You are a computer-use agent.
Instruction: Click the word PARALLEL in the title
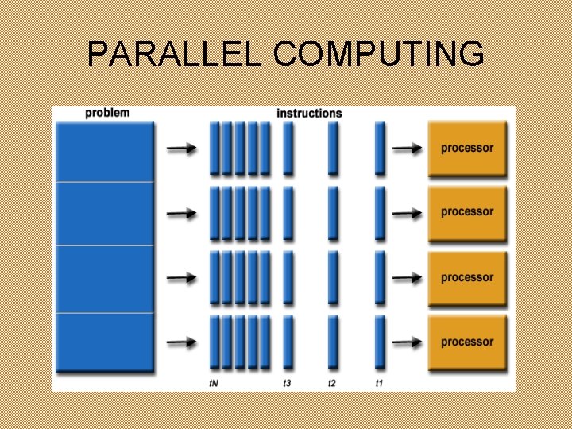point(175,54)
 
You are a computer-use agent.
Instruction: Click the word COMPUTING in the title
point(378,54)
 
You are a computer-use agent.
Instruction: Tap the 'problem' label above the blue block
point(107,113)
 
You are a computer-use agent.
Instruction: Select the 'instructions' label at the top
point(309,113)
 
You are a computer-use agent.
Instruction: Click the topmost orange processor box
point(467,148)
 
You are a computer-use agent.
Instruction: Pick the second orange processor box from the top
point(467,212)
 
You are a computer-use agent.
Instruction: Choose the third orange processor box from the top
point(467,277)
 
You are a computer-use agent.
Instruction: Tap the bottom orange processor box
point(467,342)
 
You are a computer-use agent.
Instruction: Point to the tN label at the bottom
point(214,383)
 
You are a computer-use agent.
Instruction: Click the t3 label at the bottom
point(288,383)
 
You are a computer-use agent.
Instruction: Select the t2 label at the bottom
point(333,383)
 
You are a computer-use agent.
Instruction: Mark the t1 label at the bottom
point(380,383)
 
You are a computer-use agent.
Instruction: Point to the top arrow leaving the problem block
point(182,148)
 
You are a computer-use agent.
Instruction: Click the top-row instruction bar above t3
point(288,148)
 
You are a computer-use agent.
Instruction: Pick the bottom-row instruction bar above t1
point(380,342)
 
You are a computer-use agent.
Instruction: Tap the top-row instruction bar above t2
point(333,148)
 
